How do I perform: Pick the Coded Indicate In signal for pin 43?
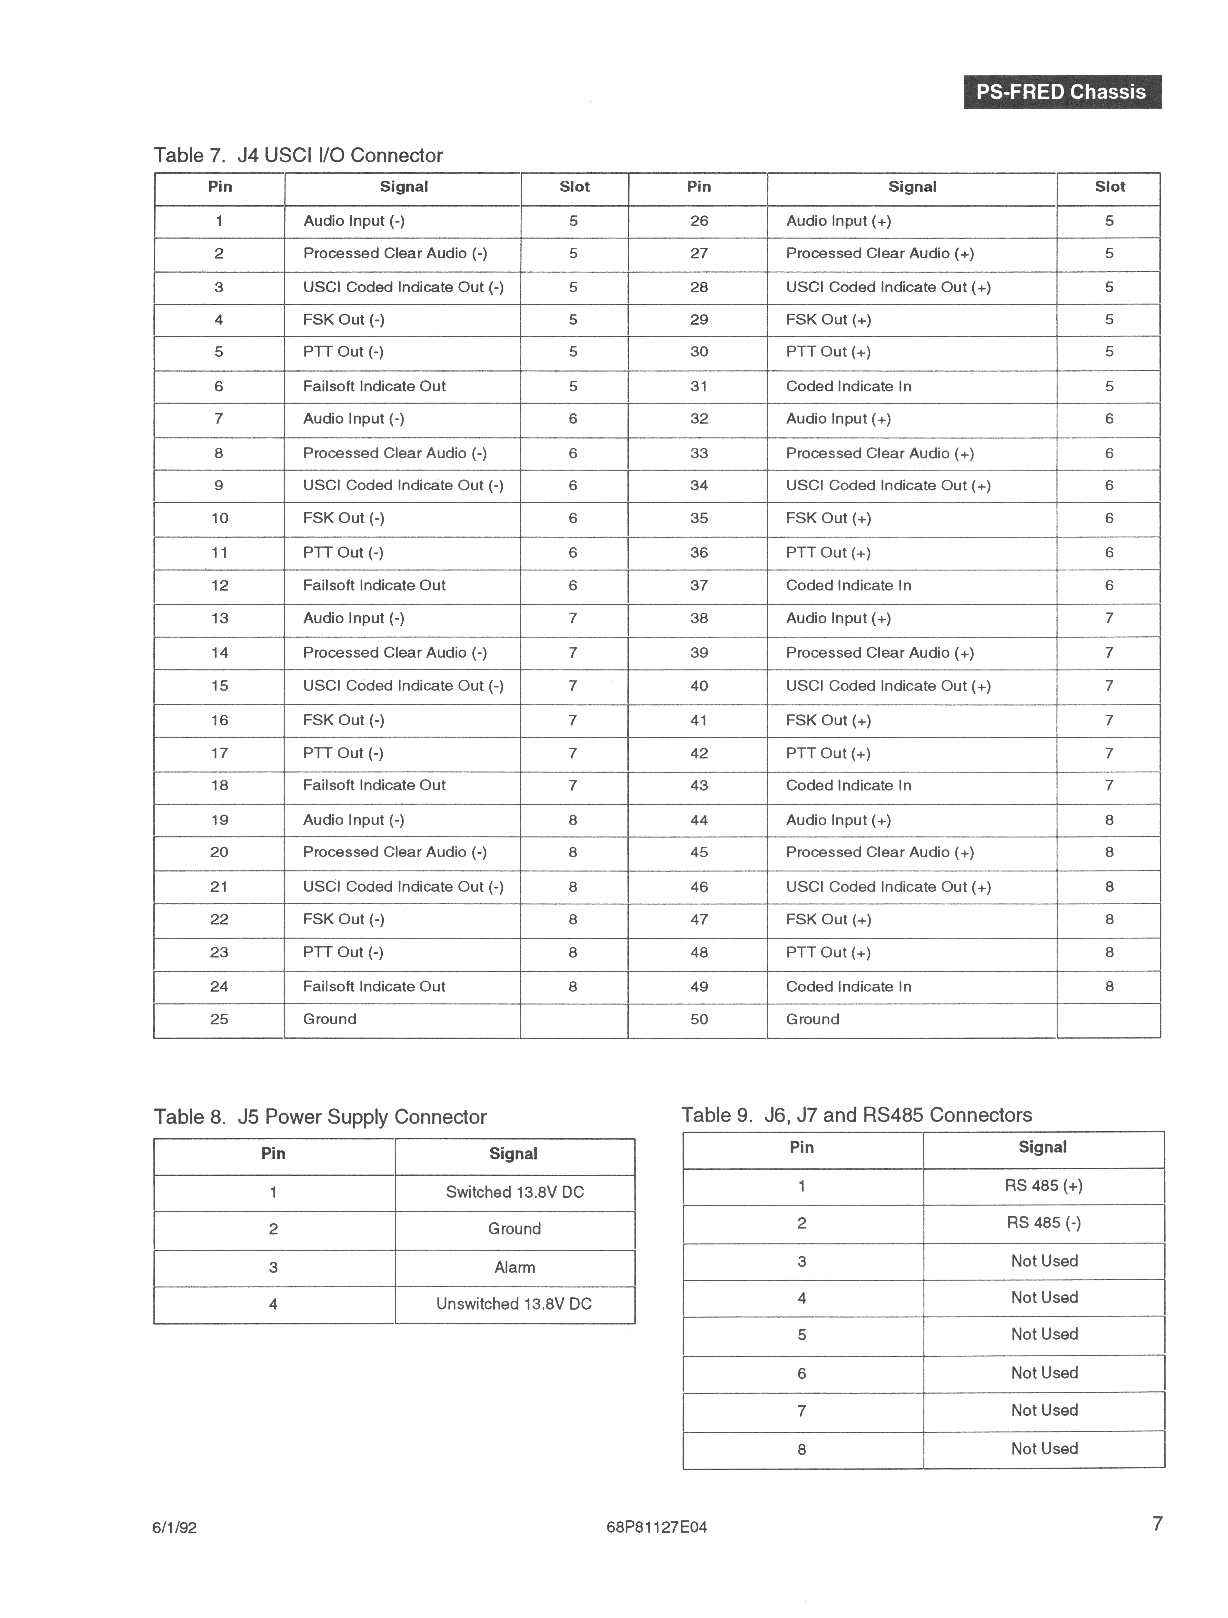(848, 785)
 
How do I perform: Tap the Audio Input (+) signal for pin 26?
(838, 221)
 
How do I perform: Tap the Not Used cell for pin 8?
(1044, 1448)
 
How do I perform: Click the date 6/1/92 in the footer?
(175, 1527)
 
